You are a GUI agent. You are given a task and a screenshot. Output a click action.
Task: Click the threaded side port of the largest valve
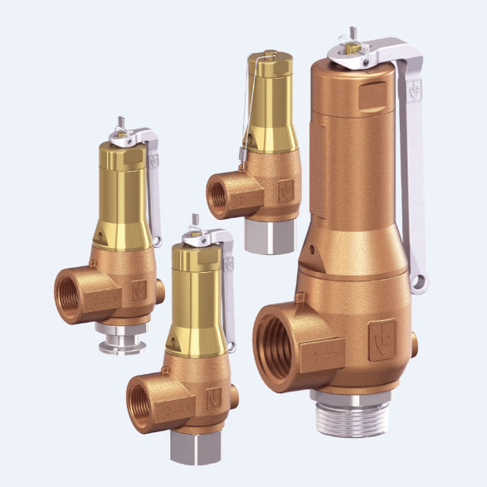coord(277,340)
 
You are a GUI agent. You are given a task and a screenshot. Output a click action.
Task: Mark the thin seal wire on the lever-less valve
coord(245,124)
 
